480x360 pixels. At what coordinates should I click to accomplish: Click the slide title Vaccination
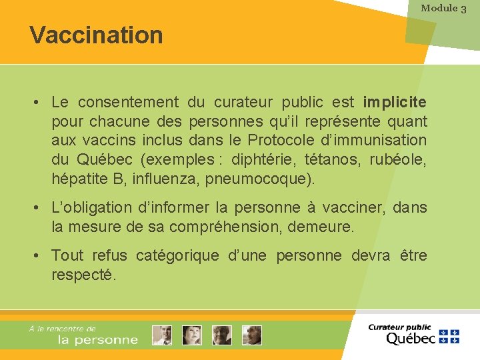[x=96, y=35]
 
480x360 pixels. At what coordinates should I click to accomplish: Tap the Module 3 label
[x=443, y=8]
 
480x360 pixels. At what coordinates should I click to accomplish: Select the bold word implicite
[x=395, y=103]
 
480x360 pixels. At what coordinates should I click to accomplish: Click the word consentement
[x=128, y=103]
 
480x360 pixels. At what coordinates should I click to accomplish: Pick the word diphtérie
[x=264, y=160]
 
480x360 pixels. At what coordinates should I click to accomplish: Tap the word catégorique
[x=178, y=256]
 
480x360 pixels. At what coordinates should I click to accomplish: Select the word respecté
[x=84, y=275]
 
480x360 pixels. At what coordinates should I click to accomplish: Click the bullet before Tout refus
[x=41, y=256]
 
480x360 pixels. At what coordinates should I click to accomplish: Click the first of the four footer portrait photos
[x=161, y=335]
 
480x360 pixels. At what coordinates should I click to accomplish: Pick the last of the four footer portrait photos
[x=252, y=335]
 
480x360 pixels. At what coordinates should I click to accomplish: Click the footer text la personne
[x=98, y=340]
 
